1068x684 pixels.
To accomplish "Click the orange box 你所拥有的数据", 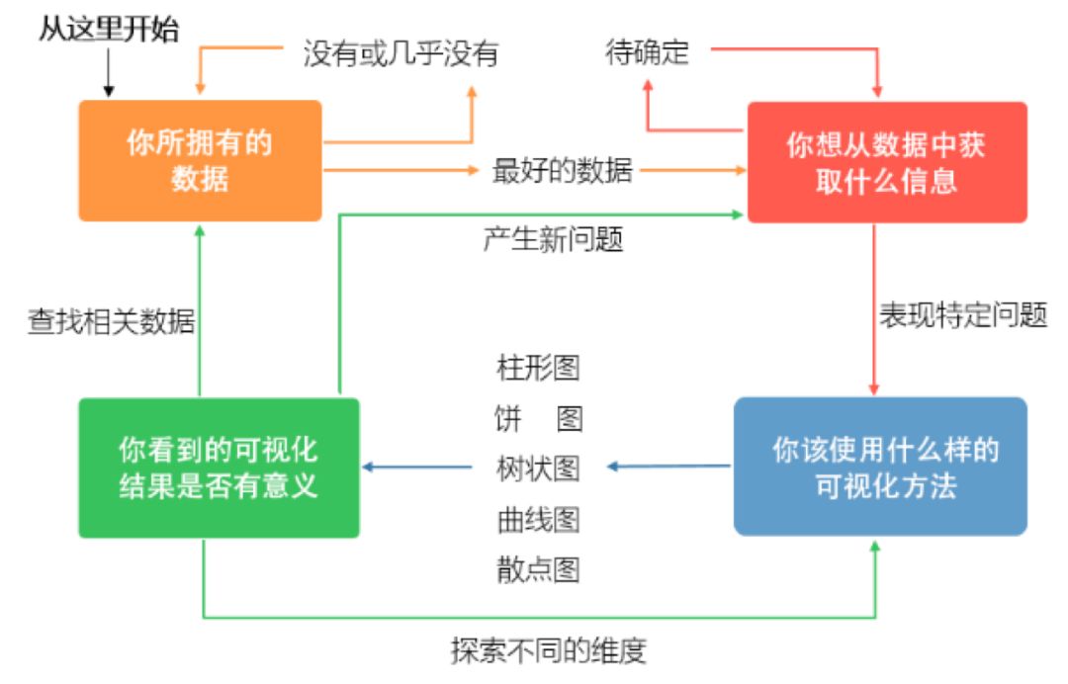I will (x=200, y=160).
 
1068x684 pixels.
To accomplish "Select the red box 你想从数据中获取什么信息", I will (x=886, y=162).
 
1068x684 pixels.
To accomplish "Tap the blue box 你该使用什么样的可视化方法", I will (x=880, y=467).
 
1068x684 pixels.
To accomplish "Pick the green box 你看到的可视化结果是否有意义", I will (x=219, y=468).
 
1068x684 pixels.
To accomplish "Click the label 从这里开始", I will (x=109, y=30).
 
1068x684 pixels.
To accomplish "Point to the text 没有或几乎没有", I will (x=400, y=53).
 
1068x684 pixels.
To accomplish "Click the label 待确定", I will (x=647, y=52).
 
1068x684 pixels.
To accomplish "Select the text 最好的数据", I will (x=563, y=170).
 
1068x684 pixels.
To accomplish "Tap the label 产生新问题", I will (x=553, y=239).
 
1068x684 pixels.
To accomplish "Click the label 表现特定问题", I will (x=963, y=315).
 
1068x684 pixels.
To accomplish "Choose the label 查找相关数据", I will (x=111, y=322).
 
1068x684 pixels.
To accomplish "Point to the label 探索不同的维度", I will (x=548, y=651).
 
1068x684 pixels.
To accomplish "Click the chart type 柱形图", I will (x=538, y=368).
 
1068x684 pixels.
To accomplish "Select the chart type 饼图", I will (x=538, y=418).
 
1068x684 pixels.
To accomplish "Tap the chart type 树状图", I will (x=538, y=468).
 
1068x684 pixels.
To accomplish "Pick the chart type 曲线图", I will (x=538, y=518).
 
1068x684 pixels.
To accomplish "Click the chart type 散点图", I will (x=538, y=569).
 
